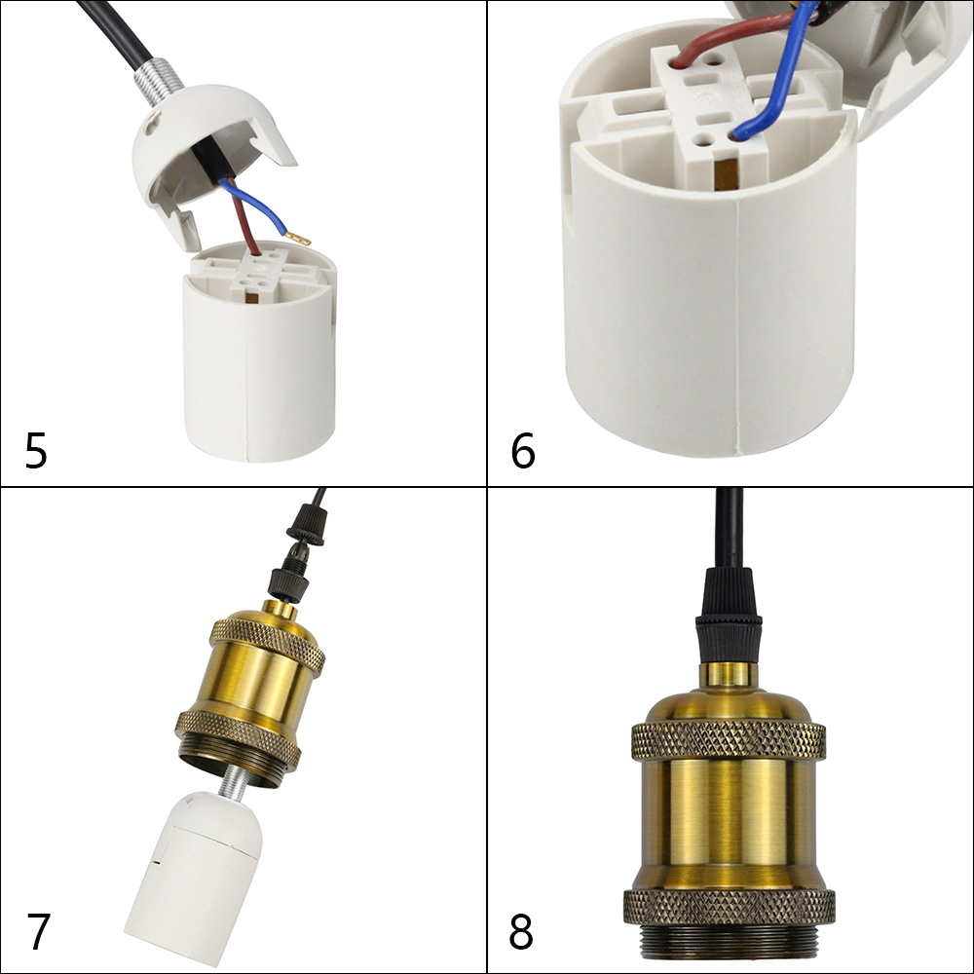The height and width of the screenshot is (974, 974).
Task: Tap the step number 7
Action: point(38,931)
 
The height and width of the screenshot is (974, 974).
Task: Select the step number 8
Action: point(522,932)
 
